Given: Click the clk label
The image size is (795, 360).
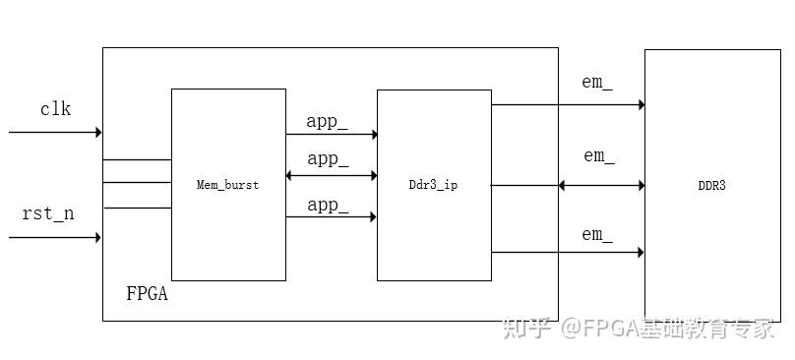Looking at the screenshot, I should coord(55,109).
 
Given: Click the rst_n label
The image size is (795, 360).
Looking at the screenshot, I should coord(47,213).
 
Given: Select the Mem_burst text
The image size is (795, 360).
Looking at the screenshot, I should coord(227,185).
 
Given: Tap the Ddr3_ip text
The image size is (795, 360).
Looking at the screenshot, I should coord(433,185).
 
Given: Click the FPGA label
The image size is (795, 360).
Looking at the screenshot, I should coord(147,293).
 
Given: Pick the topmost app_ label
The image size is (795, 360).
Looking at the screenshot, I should coord(328,122).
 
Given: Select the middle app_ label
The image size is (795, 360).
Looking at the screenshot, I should coord(328,158).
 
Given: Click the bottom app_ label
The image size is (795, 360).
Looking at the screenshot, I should coord(328,205).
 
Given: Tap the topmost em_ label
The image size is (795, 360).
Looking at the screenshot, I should coord(596,83).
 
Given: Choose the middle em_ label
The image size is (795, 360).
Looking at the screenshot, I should coord(598,155).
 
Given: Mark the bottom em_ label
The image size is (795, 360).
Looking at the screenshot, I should coord(596,234).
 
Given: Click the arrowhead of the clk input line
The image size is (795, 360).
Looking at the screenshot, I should coord(98,132).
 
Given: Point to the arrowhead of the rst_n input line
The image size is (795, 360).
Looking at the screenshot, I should coord(97,237).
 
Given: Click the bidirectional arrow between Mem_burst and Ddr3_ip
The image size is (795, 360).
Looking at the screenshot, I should coord(331,175).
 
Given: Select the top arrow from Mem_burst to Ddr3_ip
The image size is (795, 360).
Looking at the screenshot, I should coord(331,134).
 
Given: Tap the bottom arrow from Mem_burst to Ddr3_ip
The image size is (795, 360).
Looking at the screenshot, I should coord(331,216).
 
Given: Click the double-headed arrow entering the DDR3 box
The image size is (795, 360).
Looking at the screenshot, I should coord(600,185).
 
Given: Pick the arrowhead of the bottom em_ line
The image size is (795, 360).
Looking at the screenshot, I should coord(640,253).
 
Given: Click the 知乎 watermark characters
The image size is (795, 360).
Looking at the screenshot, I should coord(525,330).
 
